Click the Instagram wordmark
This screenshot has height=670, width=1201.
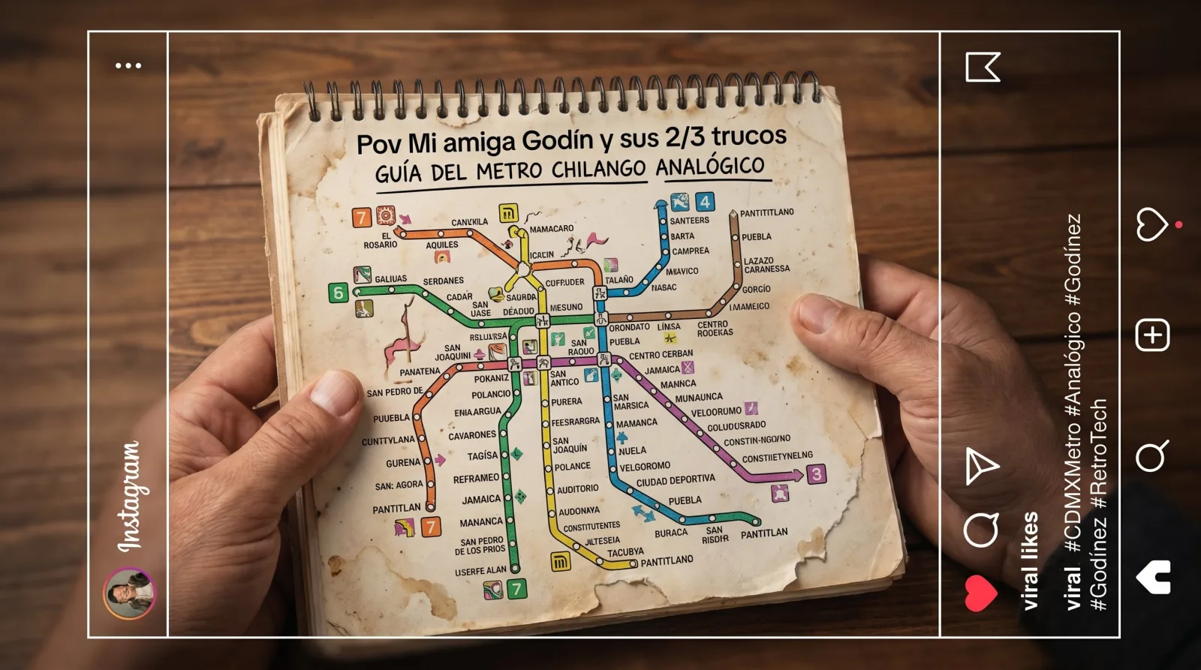129,497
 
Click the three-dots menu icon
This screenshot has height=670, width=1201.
128,66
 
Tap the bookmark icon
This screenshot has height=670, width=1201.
982,68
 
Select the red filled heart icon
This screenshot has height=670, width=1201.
980,592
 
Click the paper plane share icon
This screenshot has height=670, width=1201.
981,466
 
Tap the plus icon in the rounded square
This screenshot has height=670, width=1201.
1152,335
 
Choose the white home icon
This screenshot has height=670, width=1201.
1153,577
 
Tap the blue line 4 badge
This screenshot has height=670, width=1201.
704,202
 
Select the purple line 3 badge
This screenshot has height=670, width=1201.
816,474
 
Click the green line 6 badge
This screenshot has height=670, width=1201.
339,293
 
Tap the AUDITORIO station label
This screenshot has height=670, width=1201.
577,489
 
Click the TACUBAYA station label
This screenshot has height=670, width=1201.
625,552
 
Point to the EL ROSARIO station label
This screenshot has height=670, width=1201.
381,240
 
